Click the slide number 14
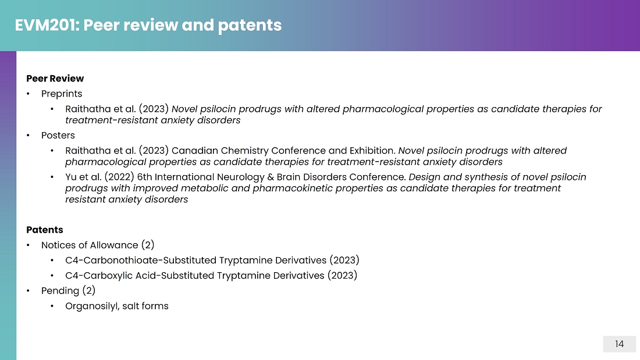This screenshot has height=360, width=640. click(619, 344)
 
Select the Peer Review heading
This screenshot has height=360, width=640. click(55, 79)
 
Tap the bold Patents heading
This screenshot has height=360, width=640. click(44, 230)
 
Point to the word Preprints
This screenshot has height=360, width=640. click(62, 94)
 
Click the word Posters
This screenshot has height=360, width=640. click(58, 135)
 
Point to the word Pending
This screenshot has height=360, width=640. click(60, 291)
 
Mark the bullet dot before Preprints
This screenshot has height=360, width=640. click(28, 94)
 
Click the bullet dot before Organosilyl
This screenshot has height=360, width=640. click(52, 306)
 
